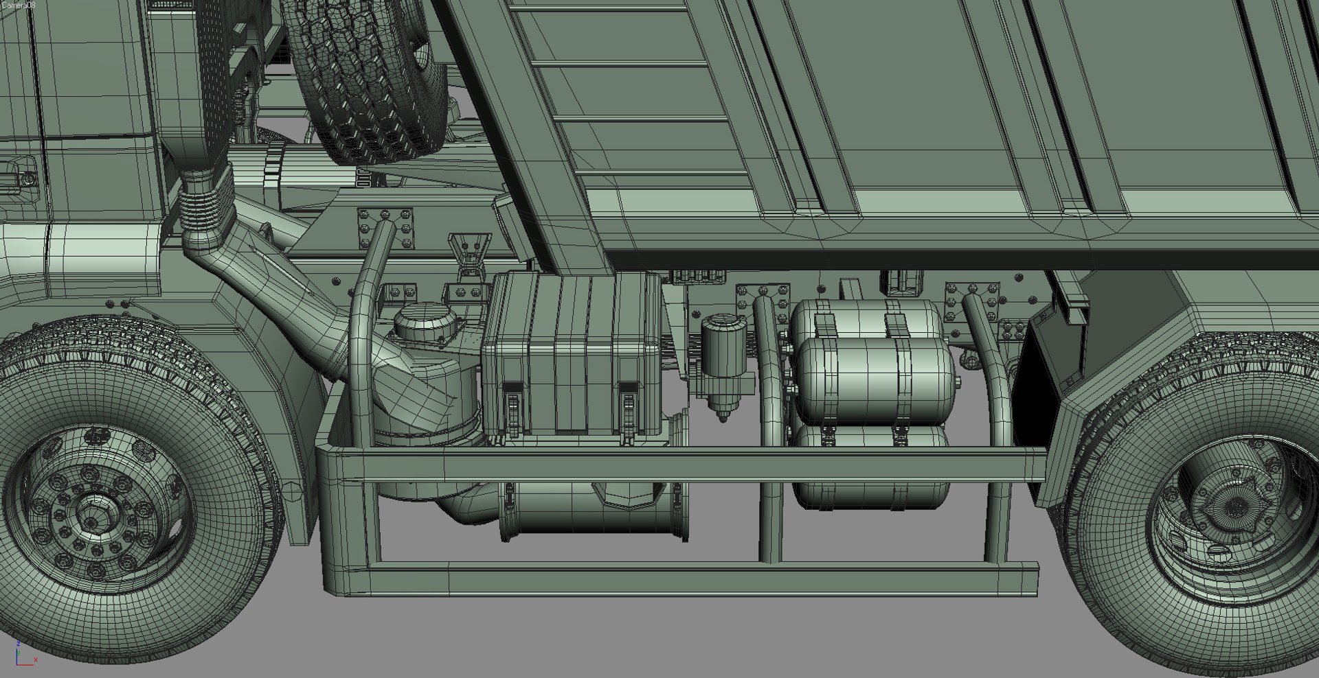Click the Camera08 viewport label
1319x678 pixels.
pos(18,5)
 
